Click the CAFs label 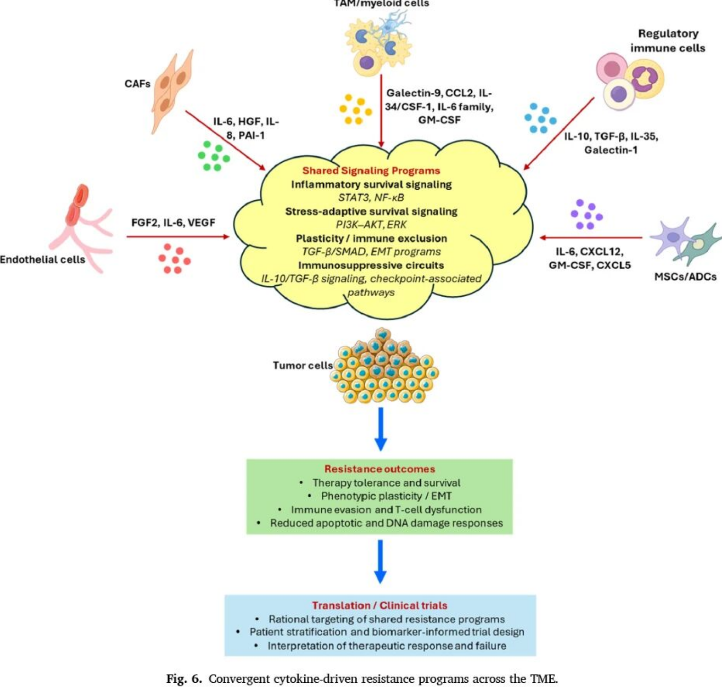pyautogui.click(x=137, y=84)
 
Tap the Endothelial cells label pyautogui.click(x=43, y=259)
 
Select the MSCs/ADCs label pyautogui.click(x=685, y=276)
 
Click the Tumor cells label pyautogui.click(x=303, y=365)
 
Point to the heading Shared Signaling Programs pyautogui.click(x=371, y=170)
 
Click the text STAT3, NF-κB pyautogui.click(x=371, y=197)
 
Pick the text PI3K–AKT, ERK pyautogui.click(x=371, y=224)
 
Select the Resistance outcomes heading pyautogui.click(x=379, y=469)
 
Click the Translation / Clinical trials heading pyautogui.click(x=379, y=605)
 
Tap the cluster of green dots pyautogui.click(x=213, y=155)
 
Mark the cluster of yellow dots pyautogui.click(x=356, y=109)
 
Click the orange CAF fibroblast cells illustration pyautogui.click(x=172, y=92)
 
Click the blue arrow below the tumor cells pyautogui.click(x=381, y=429)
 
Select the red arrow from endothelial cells pyautogui.click(x=178, y=237)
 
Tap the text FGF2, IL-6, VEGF pyautogui.click(x=173, y=222)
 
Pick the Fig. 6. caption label pyautogui.click(x=184, y=679)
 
